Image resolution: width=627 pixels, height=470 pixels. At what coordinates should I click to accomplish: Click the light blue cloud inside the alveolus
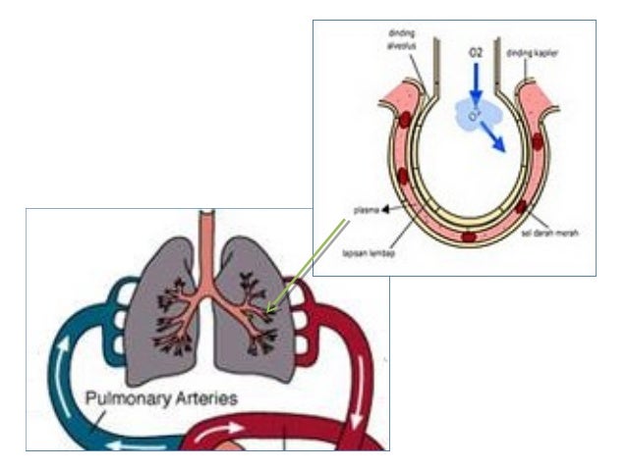point(475,116)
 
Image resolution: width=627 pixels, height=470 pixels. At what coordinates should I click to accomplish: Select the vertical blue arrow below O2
point(475,96)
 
